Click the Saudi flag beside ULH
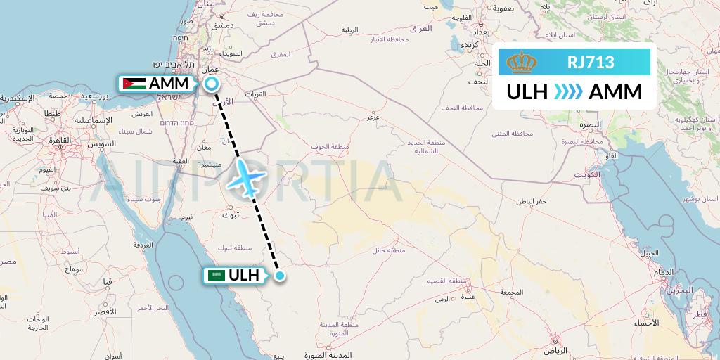[217, 276]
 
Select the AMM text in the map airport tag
[169, 84]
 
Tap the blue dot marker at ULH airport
[280, 276]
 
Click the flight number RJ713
[591, 63]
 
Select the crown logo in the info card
[521, 63]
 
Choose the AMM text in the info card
[615, 92]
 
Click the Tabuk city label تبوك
[230, 214]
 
